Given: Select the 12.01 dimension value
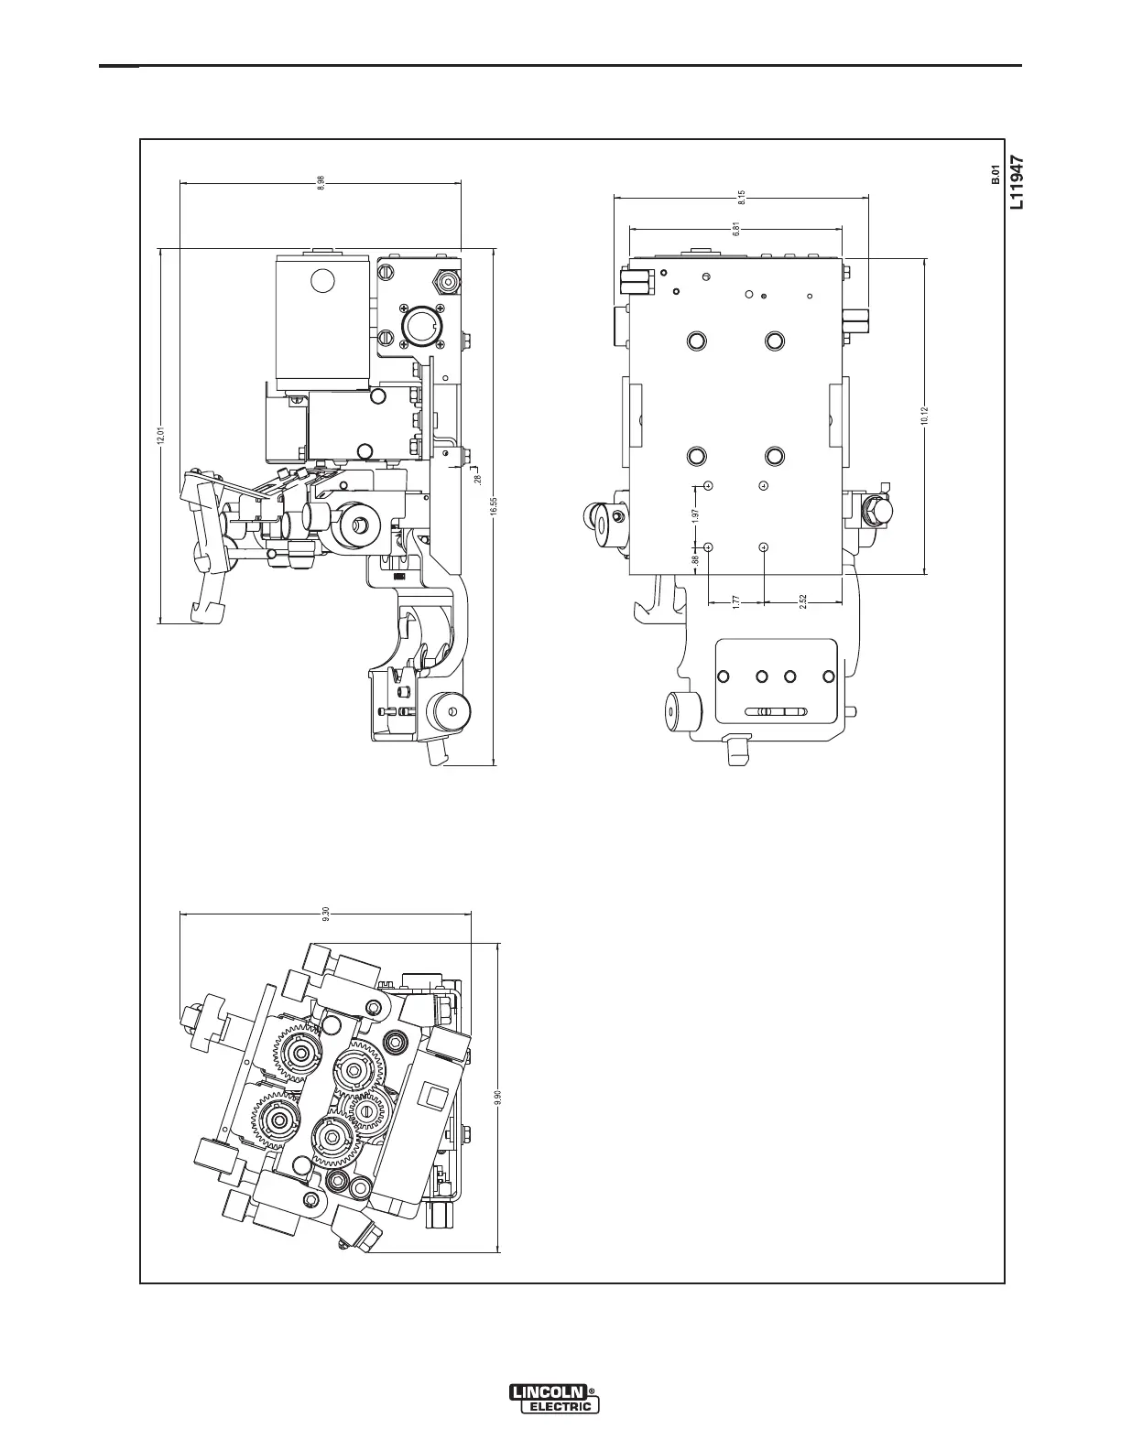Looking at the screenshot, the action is tap(159, 436).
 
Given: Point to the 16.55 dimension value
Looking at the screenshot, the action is tap(494, 506).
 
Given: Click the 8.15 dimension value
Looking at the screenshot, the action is tap(741, 196).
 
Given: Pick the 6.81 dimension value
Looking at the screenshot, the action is tap(736, 229).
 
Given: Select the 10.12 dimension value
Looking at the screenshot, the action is tap(925, 416).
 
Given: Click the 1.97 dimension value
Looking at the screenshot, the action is tap(696, 515).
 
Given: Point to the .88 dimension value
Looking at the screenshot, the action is tap(696, 557).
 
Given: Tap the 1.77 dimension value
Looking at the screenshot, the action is tap(736, 601).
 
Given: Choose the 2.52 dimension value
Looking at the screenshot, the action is tap(802, 601).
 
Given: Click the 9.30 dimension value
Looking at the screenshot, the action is tap(325, 914).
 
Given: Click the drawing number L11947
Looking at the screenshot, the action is tap(1016, 183).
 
